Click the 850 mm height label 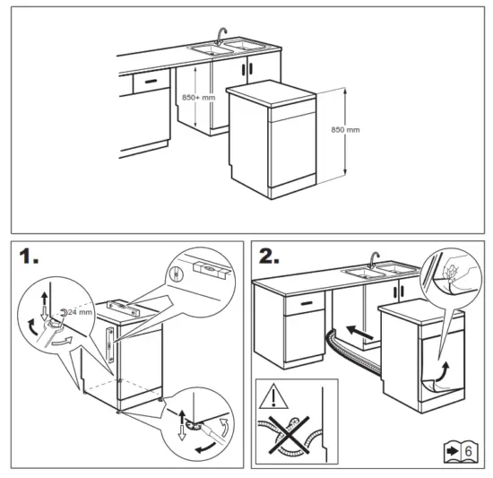[x=345, y=130]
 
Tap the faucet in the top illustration [x=221, y=35]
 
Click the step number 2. [x=270, y=257]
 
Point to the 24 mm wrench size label [x=80, y=312]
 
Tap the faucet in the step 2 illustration [x=375, y=261]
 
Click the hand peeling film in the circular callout [x=452, y=272]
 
